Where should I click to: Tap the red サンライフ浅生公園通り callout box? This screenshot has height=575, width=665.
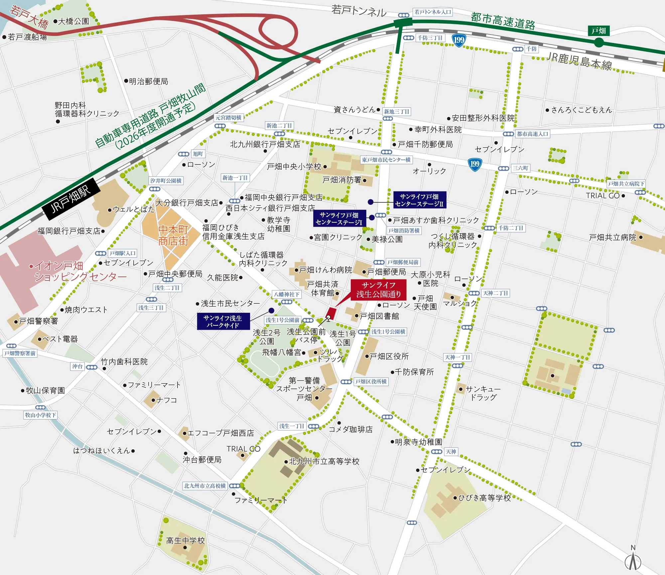click(378, 289)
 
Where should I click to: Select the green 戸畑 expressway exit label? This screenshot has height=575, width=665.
click(598, 31)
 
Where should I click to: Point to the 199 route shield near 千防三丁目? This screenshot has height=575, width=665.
click(459, 40)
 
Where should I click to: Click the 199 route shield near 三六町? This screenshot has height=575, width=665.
click(474, 164)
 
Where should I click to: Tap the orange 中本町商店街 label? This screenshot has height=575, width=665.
click(173, 235)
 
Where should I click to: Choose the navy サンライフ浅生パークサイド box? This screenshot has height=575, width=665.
click(223, 321)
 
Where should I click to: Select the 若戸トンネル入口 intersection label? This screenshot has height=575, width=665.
click(433, 12)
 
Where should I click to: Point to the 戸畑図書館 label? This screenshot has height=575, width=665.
click(379, 316)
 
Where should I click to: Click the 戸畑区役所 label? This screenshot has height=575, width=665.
click(389, 356)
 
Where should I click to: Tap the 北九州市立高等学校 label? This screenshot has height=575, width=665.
click(324, 461)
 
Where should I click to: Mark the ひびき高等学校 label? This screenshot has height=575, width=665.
click(484, 498)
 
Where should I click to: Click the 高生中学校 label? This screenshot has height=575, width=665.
click(185, 540)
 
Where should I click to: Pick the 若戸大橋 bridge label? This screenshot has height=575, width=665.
click(29, 17)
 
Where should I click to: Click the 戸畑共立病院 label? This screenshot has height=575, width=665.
click(612, 237)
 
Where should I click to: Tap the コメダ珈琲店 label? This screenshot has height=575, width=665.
click(350, 429)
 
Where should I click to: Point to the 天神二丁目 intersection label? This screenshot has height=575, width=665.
click(495, 293)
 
